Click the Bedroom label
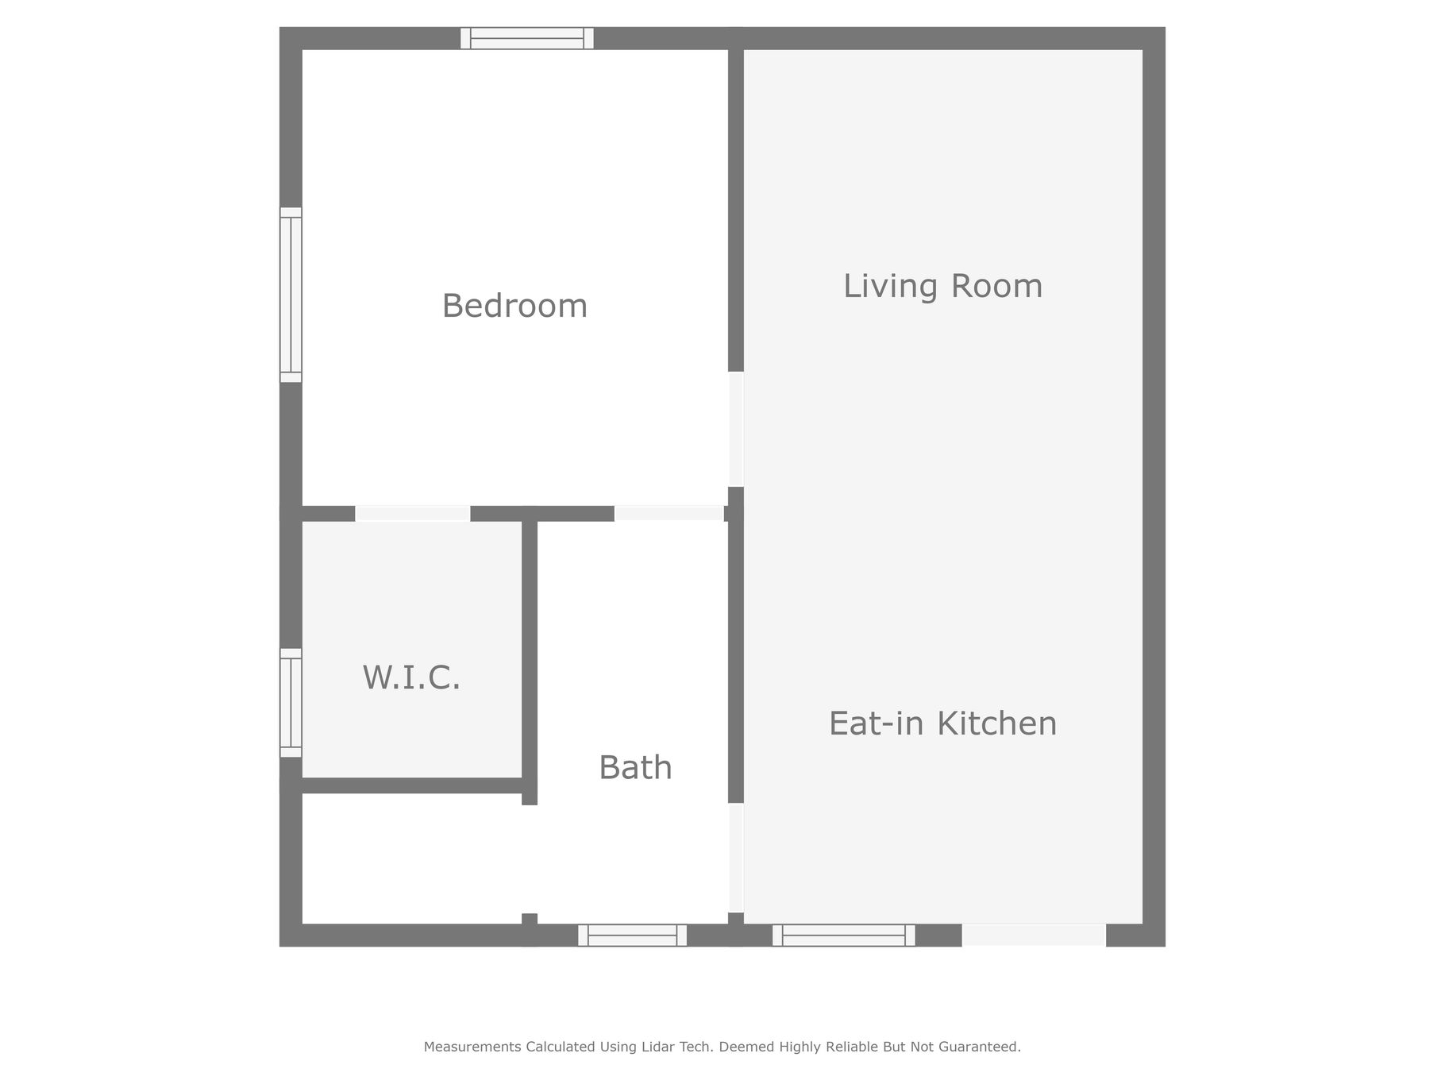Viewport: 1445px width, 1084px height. [x=514, y=306]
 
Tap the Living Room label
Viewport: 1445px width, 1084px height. [x=942, y=286]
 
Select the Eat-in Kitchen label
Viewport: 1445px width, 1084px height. [x=942, y=723]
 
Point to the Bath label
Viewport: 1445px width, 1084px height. [x=635, y=768]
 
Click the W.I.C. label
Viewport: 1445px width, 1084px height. [x=411, y=677]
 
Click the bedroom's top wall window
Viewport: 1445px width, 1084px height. [x=527, y=38]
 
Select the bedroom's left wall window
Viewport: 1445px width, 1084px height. [x=291, y=295]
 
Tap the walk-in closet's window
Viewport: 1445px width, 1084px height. [x=291, y=703]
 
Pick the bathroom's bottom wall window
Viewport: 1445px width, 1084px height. [x=632, y=935]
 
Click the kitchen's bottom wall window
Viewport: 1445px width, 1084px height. [x=843, y=935]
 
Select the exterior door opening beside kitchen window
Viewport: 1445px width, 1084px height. [x=1034, y=935]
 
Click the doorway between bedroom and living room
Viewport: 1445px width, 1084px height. [x=736, y=429]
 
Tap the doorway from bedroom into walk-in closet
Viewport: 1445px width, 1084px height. [x=412, y=513]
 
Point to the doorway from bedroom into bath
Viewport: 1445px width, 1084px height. [x=669, y=513]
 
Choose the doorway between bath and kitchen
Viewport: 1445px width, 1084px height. [x=736, y=858]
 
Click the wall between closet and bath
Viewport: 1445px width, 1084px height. [x=530, y=663]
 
